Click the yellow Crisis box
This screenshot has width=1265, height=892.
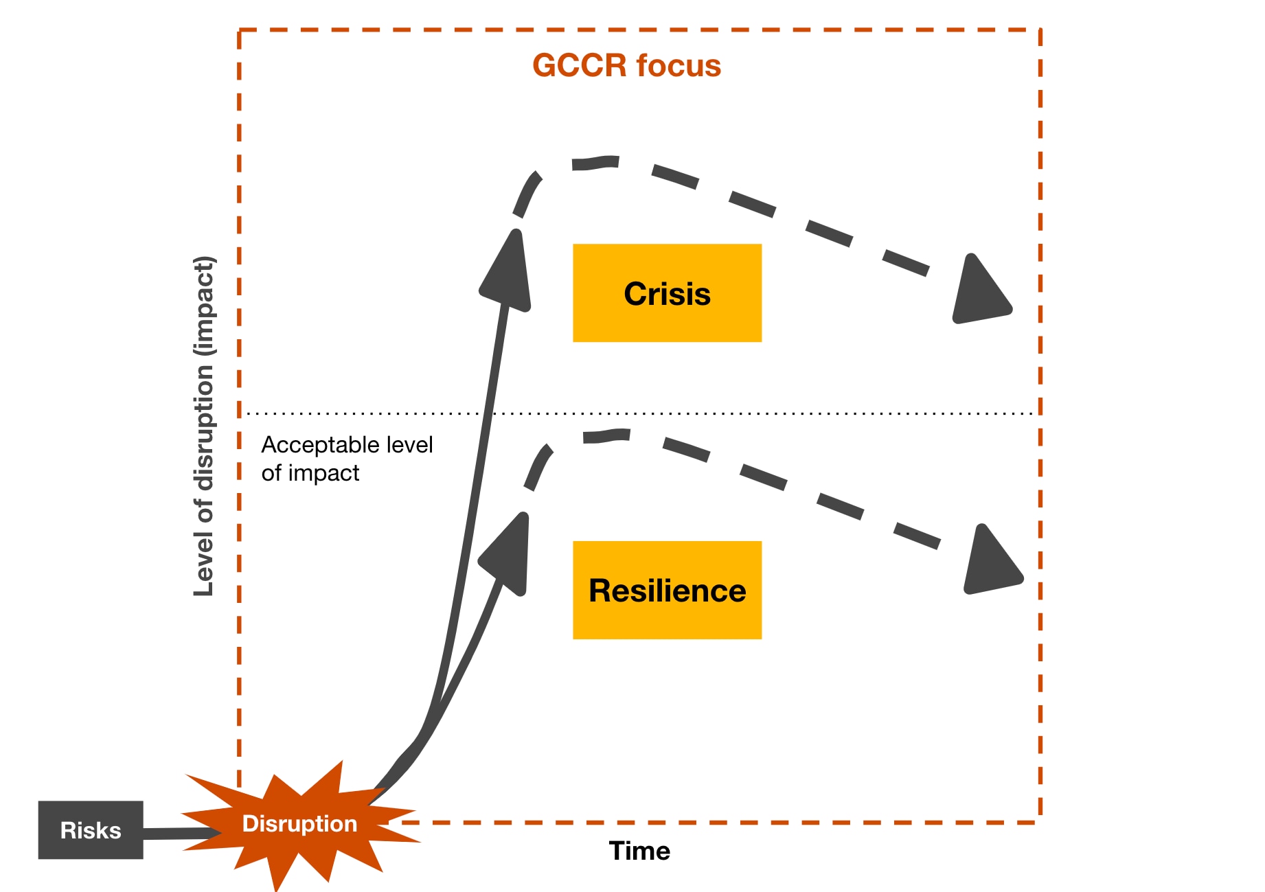667,293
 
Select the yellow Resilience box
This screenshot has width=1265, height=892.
667,591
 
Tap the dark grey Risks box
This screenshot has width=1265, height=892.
91,830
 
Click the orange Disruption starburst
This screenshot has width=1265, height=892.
300,824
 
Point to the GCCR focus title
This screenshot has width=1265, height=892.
626,66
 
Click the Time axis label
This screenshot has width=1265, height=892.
639,851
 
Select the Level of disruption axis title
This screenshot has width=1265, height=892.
204,426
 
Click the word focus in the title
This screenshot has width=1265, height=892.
678,66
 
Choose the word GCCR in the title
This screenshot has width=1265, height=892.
580,66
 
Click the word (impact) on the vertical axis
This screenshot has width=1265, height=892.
204,306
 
